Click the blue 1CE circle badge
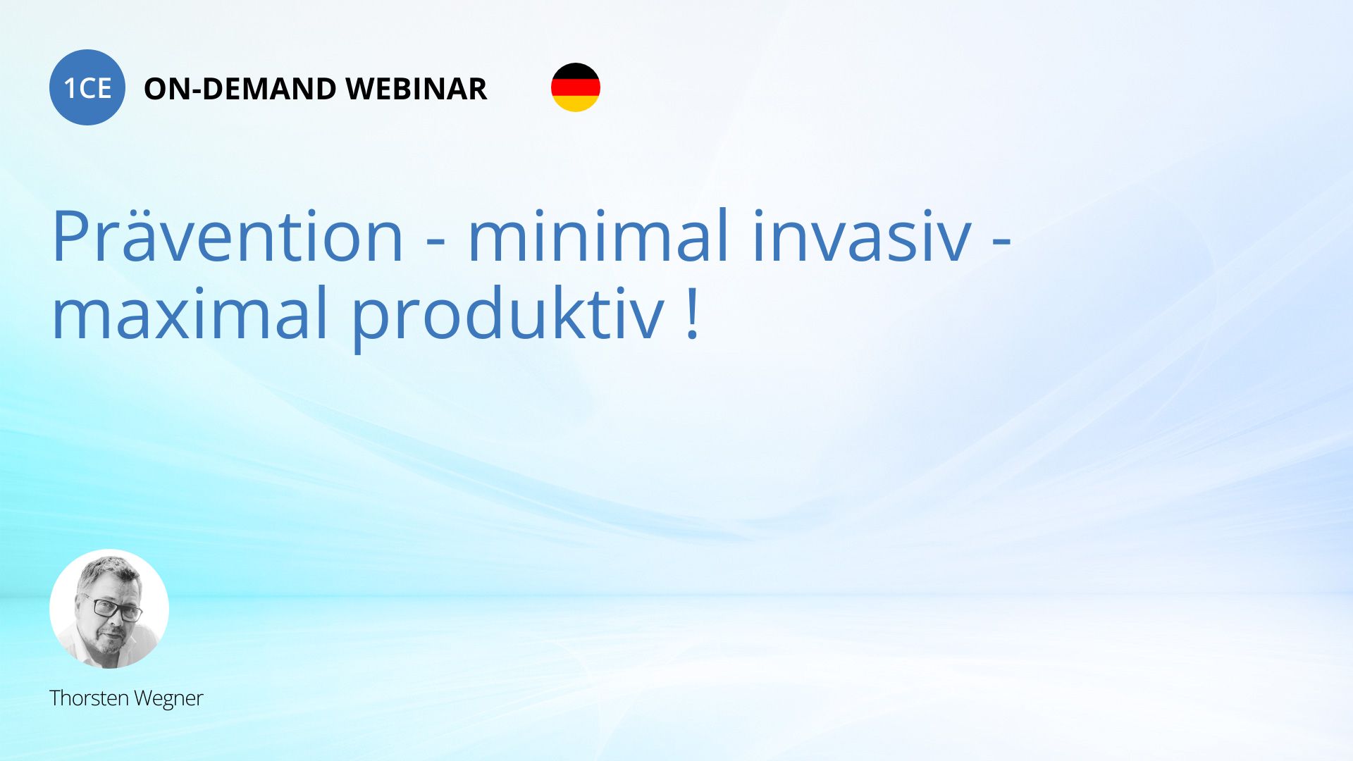pos(87,87)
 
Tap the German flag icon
pos(576,87)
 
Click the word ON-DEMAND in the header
pos(240,89)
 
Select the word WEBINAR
pos(416,89)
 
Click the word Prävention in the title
pos(228,235)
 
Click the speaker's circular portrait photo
pos(109,609)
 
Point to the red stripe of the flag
pos(576,87)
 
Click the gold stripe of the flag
pos(576,104)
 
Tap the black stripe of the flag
pos(576,71)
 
